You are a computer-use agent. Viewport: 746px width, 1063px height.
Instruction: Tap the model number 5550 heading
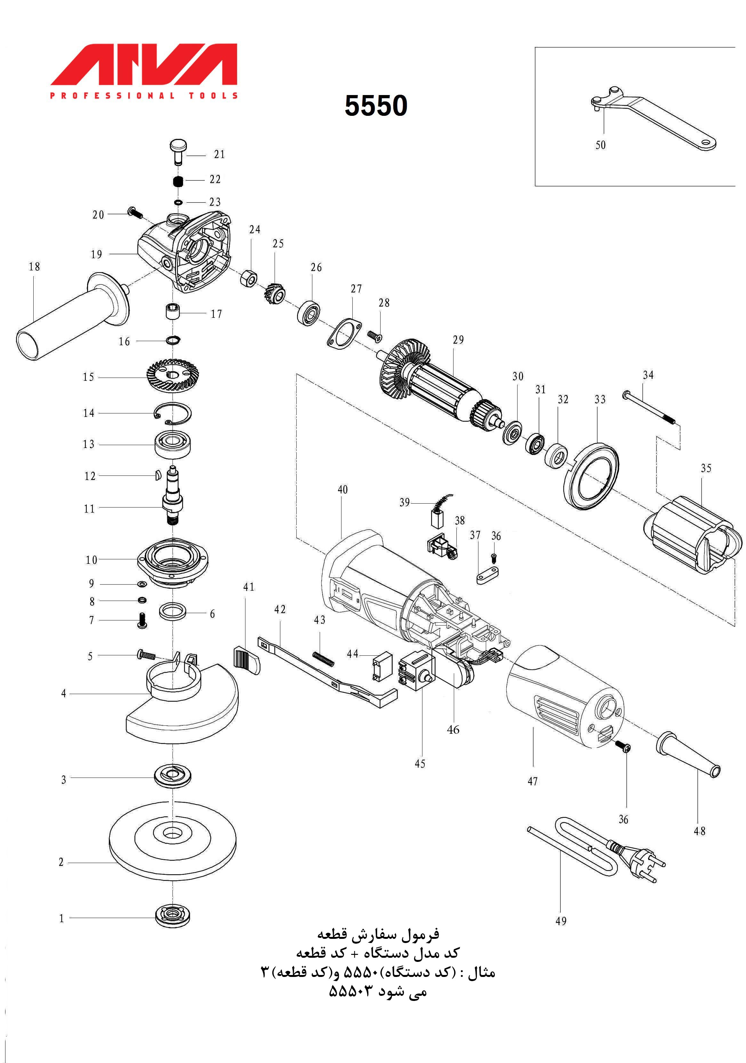click(375, 106)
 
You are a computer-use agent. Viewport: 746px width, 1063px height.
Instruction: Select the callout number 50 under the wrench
click(600, 145)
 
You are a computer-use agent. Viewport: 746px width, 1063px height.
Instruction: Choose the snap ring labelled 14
click(172, 412)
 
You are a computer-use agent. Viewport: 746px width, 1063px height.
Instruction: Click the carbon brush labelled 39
click(437, 518)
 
